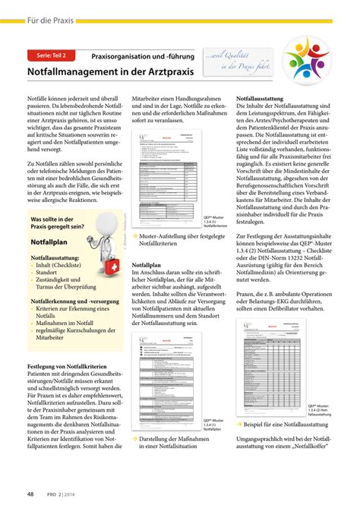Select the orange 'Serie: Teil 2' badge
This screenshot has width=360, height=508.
[x=50, y=55]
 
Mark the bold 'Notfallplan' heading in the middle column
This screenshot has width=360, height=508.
[x=150, y=266]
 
